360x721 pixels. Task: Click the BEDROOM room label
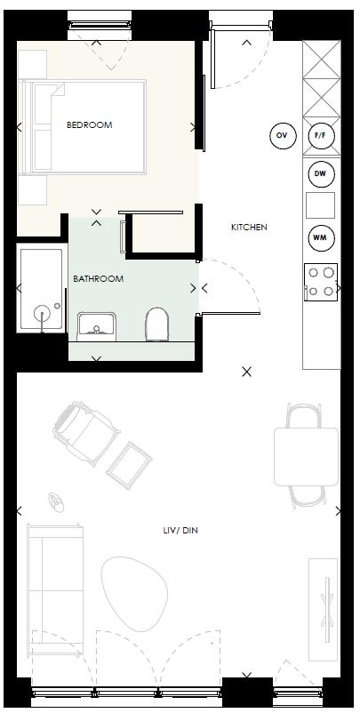click(89, 125)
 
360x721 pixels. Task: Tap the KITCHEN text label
click(249, 228)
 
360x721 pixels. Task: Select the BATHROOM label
click(98, 279)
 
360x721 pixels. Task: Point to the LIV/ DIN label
click(179, 531)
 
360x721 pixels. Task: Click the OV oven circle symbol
click(282, 136)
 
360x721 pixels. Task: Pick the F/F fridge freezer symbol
click(320, 136)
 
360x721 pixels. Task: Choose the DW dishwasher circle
click(320, 174)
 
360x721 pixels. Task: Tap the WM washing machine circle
click(320, 238)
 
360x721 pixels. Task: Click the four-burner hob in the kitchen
click(320, 281)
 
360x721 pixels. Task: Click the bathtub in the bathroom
click(41, 290)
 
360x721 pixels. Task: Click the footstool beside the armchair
click(129, 462)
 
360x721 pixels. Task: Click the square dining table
click(305, 456)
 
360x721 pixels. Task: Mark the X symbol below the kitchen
click(247, 372)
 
